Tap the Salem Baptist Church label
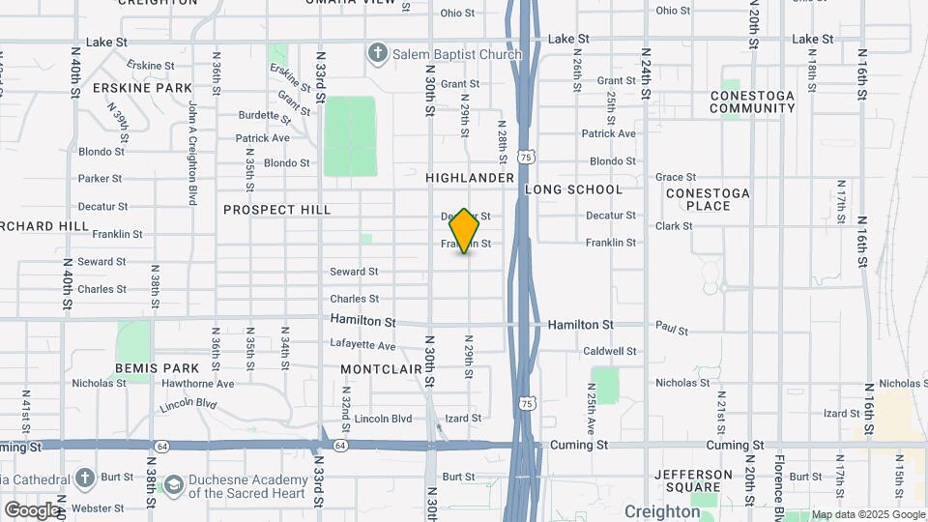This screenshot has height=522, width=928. pyautogui.click(x=456, y=54)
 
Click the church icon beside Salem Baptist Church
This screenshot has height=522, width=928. pyautogui.click(x=377, y=52)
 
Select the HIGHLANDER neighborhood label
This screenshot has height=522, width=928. pyautogui.click(x=469, y=178)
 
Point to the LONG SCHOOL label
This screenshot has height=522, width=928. pyautogui.click(x=574, y=189)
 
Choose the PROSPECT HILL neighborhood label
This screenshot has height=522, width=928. pyautogui.click(x=276, y=210)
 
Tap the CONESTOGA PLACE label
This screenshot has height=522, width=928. pyautogui.click(x=708, y=199)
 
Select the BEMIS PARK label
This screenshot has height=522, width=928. pyautogui.click(x=157, y=368)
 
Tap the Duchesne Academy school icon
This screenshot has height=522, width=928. pyautogui.click(x=174, y=483)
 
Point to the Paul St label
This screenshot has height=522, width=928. pyautogui.click(x=671, y=331)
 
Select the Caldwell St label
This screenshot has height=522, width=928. pyautogui.click(x=610, y=352)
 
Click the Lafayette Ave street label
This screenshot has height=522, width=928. pyautogui.click(x=362, y=345)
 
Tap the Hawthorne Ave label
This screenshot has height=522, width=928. pyautogui.click(x=198, y=384)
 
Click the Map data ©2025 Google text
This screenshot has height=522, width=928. pyautogui.click(x=867, y=514)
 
